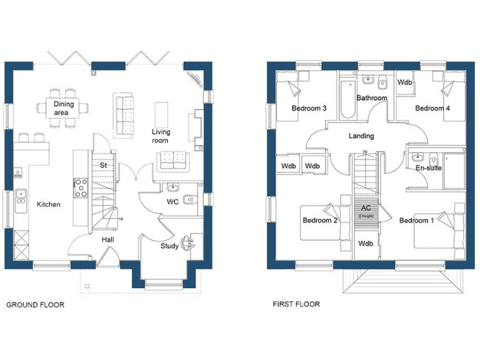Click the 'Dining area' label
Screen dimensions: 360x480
[x=63, y=108]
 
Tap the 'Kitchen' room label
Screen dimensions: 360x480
[x=48, y=204]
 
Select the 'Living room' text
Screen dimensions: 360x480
[x=161, y=136]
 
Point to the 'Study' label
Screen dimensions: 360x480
[x=169, y=246]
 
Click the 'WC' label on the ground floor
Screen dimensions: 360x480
[x=173, y=202]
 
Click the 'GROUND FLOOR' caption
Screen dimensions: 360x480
[x=35, y=305]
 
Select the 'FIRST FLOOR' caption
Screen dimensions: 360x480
[x=296, y=304]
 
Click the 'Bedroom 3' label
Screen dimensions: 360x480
[x=309, y=108]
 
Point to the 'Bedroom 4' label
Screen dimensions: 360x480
[x=432, y=108]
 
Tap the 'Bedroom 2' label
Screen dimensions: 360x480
[x=320, y=220]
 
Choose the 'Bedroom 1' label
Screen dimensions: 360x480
[x=416, y=220]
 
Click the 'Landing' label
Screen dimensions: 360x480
[x=361, y=136]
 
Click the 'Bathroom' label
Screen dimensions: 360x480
[x=372, y=97]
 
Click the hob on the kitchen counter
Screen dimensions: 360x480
[x=81, y=187]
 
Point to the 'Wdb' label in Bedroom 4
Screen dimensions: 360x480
[x=405, y=82]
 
